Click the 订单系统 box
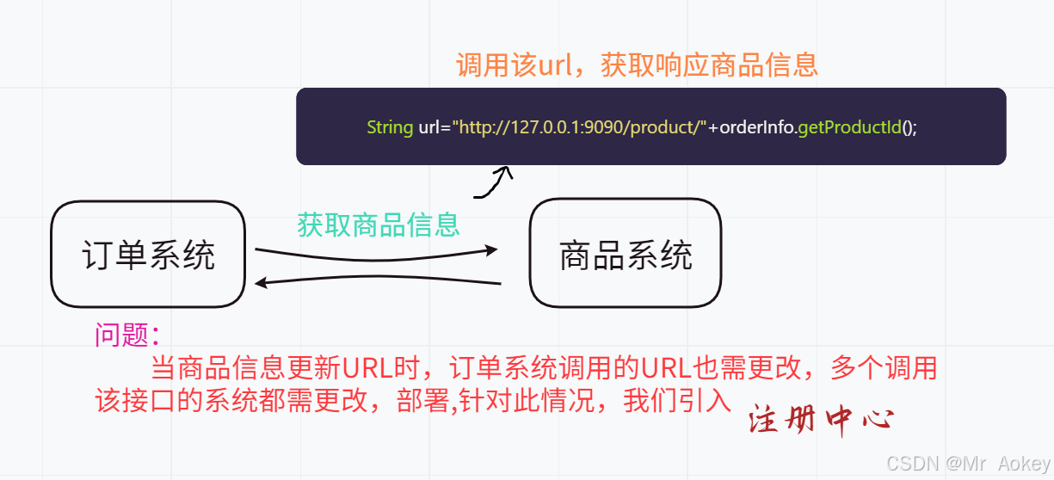(148, 255)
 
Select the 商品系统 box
(626, 254)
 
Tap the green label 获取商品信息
(379, 225)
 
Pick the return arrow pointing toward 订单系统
(379, 280)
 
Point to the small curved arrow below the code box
(494, 182)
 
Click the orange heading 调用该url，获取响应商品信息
(637, 65)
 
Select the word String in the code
(390, 127)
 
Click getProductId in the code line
(848, 127)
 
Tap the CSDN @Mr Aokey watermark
(968, 463)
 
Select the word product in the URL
(667, 127)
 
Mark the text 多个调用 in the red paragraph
(883, 368)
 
